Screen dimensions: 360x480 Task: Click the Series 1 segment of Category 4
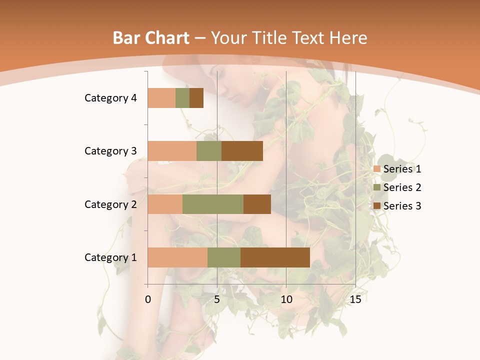[x=161, y=98]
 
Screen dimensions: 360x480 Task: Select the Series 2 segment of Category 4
[x=182, y=98]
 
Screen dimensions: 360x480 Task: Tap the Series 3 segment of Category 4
[x=196, y=98]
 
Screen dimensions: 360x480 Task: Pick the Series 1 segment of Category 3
[x=172, y=151]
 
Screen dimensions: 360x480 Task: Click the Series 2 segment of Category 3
[x=209, y=151]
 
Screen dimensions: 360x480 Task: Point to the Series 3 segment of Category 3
[x=242, y=151]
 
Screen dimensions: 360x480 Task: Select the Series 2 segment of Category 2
[x=213, y=204]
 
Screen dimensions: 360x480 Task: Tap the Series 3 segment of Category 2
[x=257, y=204]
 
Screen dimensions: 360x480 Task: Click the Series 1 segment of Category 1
[x=177, y=257]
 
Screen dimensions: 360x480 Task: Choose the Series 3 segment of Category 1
[x=275, y=257]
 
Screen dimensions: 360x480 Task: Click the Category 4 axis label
[x=110, y=98]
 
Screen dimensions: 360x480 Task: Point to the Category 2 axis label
[x=110, y=204]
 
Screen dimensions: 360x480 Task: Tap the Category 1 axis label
[x=110, y=257]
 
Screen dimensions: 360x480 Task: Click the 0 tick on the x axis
[x=148, y=299]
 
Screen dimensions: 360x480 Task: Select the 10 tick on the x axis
[x=286, y=299]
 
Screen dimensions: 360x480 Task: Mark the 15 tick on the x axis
[x=355, y=299]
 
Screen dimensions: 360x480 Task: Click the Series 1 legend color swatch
[x=377, y=169]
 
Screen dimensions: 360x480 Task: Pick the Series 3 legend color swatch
[x=377, y=206]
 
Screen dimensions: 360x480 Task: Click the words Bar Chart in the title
[x=150, y=38]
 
